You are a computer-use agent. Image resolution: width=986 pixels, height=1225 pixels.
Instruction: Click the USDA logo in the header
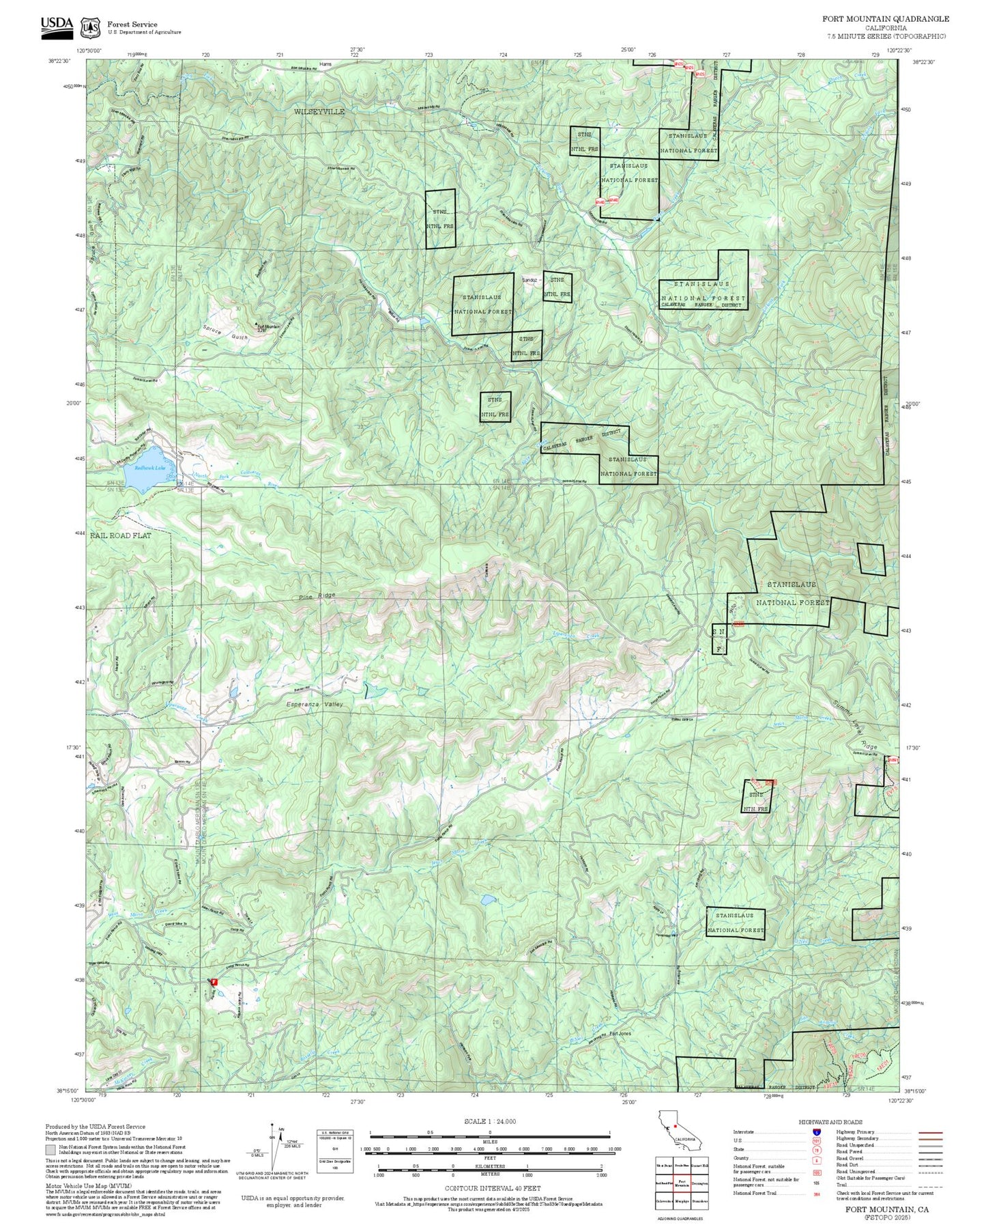click(x=57, y=25)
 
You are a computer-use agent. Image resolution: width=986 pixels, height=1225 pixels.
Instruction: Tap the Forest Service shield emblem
click(x=89, y=27)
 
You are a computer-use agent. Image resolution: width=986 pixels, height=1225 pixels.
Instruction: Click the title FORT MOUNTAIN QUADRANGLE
click(x=885, y=19)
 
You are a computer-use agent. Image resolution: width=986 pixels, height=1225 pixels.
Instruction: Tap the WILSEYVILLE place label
click(x=319, y=111)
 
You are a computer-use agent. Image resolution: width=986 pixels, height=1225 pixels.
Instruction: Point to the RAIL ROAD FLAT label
click(x=121, y=536)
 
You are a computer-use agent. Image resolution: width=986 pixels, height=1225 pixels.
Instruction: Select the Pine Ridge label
click(x=317, y=596)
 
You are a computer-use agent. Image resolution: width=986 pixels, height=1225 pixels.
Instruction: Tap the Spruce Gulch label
click(x=225, y=337)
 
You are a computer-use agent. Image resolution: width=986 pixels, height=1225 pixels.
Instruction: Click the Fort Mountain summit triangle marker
click(x=257, y=324)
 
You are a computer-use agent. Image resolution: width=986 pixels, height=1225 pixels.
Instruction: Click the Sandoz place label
click(x=530, y=280)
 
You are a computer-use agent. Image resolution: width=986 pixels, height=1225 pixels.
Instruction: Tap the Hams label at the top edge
click(x=325, y=64)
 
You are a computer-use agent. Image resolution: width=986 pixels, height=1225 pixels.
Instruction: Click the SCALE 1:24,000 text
click(x=490, y=1121)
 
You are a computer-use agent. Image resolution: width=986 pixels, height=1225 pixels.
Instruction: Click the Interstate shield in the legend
click(x=816, y=1132)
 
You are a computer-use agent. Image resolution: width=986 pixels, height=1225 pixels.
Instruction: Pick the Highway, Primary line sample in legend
click(x=931, y=1132)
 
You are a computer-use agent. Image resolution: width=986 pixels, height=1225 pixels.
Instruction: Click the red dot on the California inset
click(x=676, y=1125)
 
